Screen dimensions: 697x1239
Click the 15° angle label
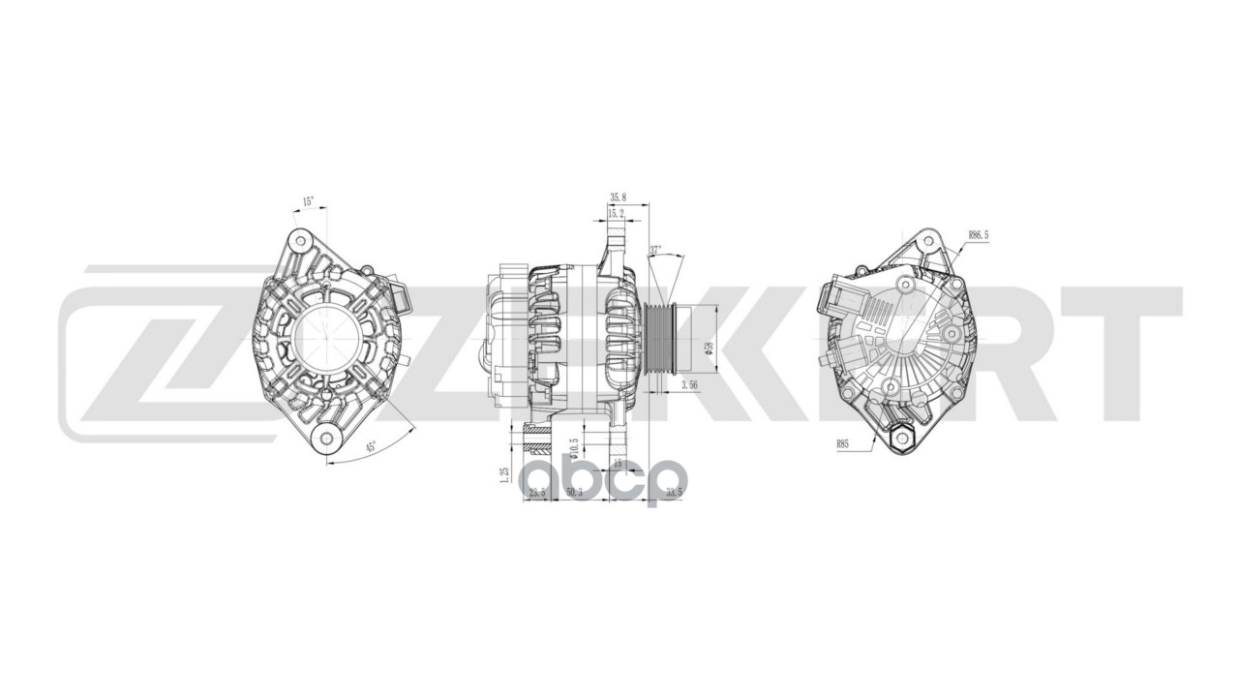[x=308, y=202]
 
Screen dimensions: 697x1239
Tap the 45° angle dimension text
[x=370, y=447]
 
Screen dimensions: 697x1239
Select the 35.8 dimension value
[x=619, y=197]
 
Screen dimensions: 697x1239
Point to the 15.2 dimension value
[x=617, y=213]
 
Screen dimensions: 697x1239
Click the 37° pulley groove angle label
[x=655, y=251]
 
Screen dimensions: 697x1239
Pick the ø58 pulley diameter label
[x=710, y=348]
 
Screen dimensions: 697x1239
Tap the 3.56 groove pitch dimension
[x=690, y=385]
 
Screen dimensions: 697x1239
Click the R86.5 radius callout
[x=979, y=235]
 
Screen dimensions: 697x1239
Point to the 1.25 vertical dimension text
[x=504, y=474]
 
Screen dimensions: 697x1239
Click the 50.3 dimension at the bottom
[x=574, y=493]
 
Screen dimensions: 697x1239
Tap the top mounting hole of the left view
[x=301, y=239]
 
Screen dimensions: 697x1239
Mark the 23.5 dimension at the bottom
[x=537, y=493]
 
